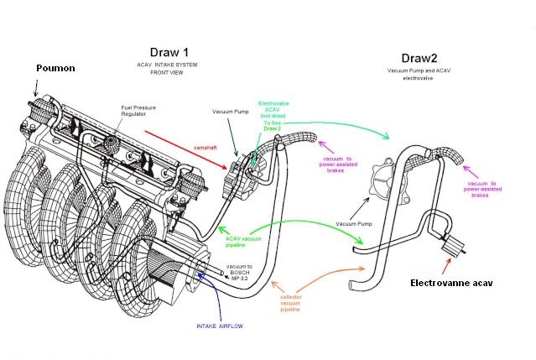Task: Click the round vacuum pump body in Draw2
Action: pyautogui.click(x=388, y=185)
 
